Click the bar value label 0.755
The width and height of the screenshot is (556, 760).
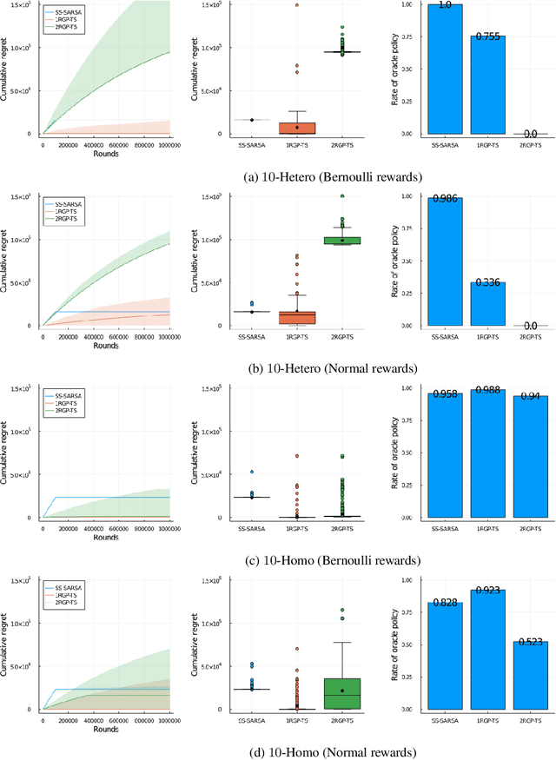click(x=486, y=38)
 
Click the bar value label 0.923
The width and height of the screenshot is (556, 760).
click(x=486, y=592)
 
